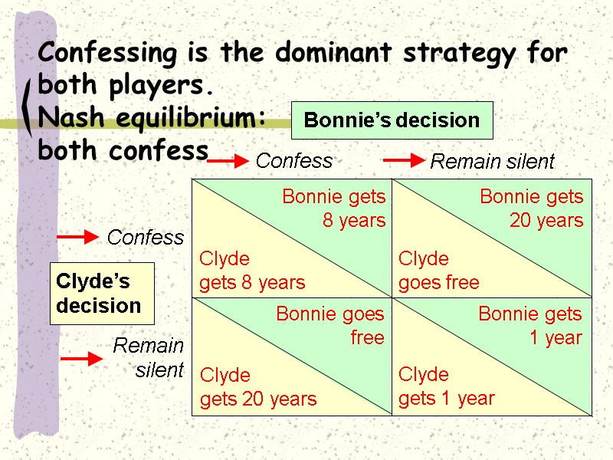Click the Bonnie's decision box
(392, 120)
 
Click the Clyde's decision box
(102, 294)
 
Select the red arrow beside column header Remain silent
(403, 160)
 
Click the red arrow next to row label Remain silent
(81, 359)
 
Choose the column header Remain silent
(492, 162)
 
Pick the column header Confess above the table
(294, 161)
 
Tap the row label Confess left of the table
(146, 238)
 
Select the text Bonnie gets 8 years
(334, 209)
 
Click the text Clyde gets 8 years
(252, 271)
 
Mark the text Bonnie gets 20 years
(532, 209)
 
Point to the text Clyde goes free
(438, 271)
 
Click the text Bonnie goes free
(330, 326)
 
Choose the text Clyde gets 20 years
(258, 387)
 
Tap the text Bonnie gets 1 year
(530, 326)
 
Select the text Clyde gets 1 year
(446, 386)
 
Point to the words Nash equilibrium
(152, 117)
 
